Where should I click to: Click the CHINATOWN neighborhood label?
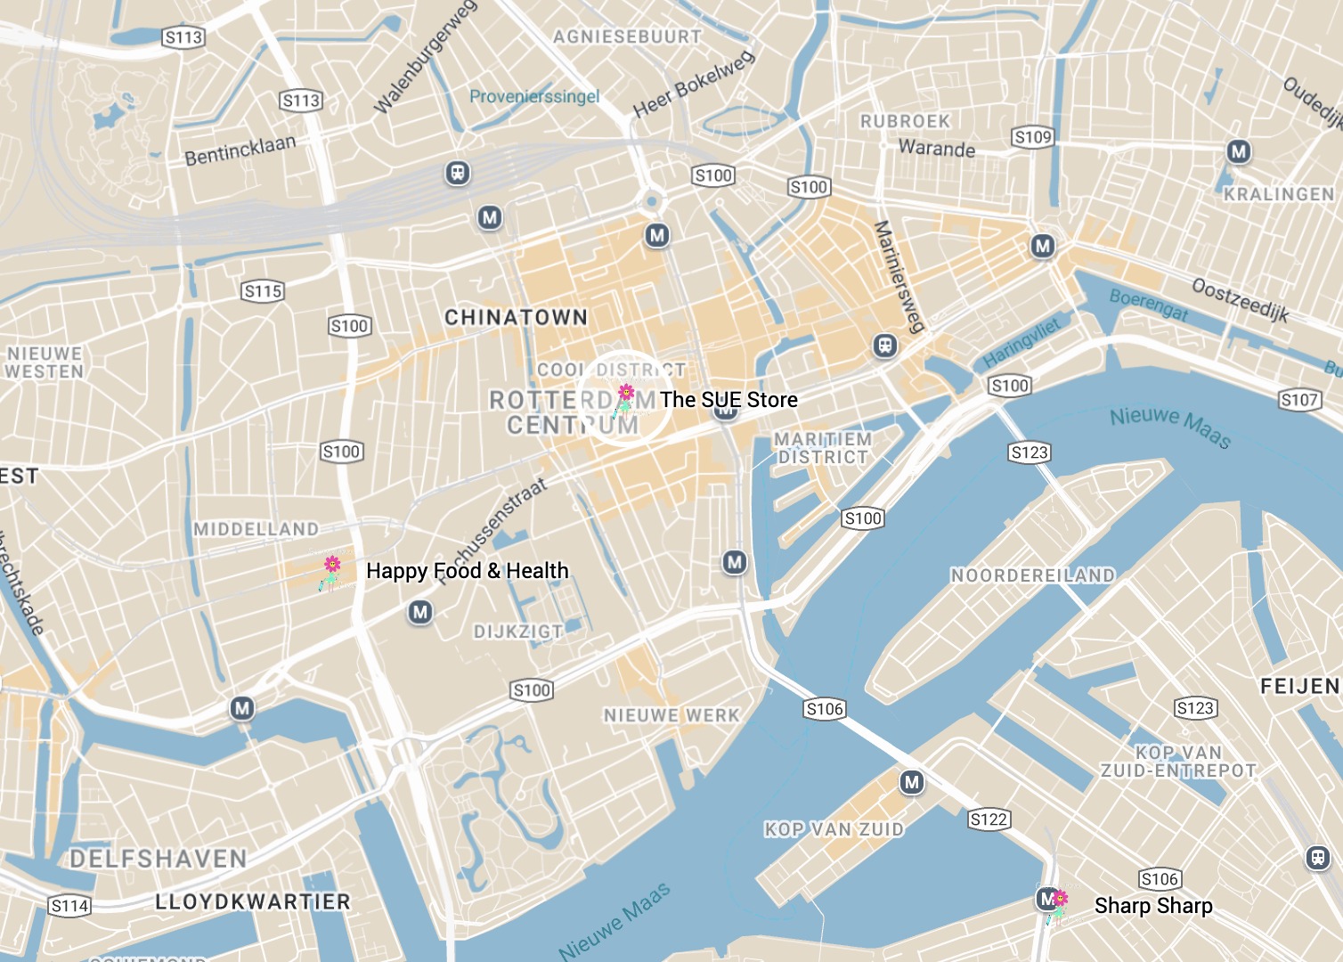coord(516,317)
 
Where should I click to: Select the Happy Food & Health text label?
coord(467,571)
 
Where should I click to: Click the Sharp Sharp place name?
coord(1152,906)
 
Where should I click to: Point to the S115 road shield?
coord(263,291)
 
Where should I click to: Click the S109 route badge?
coord(1033,137)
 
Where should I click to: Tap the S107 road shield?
coord(1299,400)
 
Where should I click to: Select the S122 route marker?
coord(989,819)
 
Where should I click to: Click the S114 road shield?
coord(69,907)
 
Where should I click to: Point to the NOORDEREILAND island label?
coord(1032,575)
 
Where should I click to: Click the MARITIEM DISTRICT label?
coord(822,448)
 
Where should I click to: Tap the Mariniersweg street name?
coord(898,276)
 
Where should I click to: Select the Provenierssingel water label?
coord(534,96)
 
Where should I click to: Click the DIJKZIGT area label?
coord(517,632)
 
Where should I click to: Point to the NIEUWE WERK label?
coord(671,715)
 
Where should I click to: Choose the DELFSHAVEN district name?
coord(159,859)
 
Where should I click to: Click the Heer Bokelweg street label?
coord(694,85)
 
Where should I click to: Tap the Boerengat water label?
coord(1148,305)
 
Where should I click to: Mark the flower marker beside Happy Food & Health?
coord(331,572)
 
